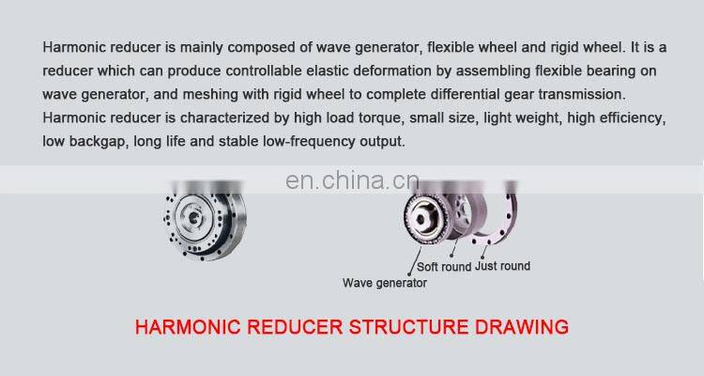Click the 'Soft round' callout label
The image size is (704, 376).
[444, 267]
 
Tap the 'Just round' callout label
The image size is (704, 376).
[502, 266]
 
